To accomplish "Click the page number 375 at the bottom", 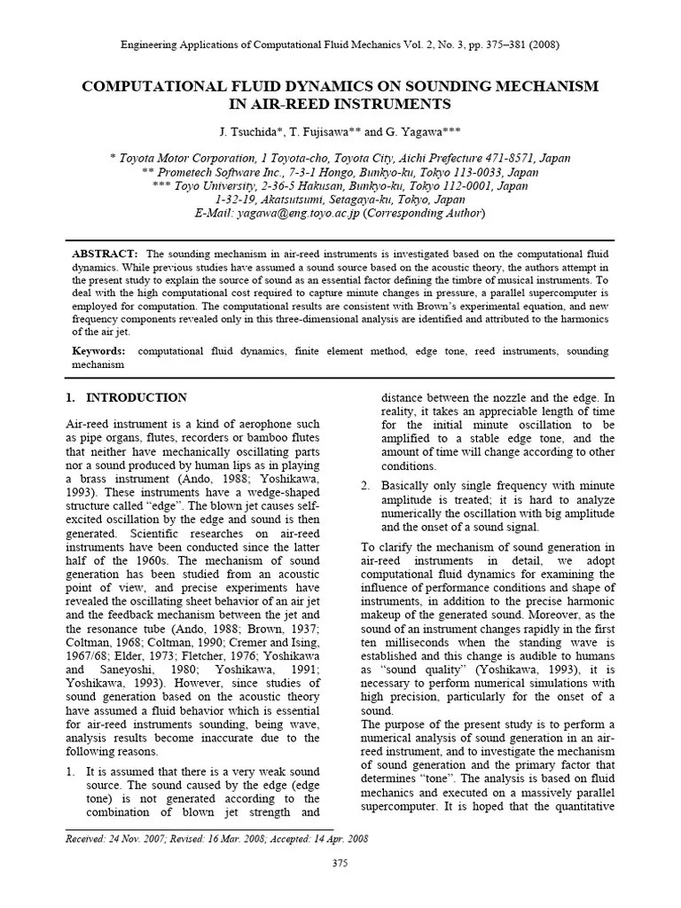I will pos(340,863).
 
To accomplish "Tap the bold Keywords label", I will pos(99,351).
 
